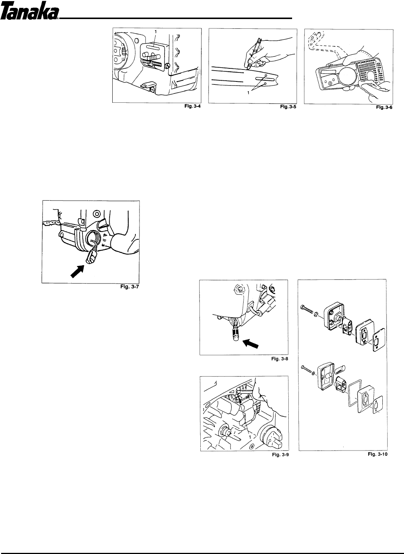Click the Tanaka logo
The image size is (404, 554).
29,13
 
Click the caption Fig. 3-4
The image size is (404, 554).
189,107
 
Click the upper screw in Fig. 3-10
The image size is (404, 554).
308,308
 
